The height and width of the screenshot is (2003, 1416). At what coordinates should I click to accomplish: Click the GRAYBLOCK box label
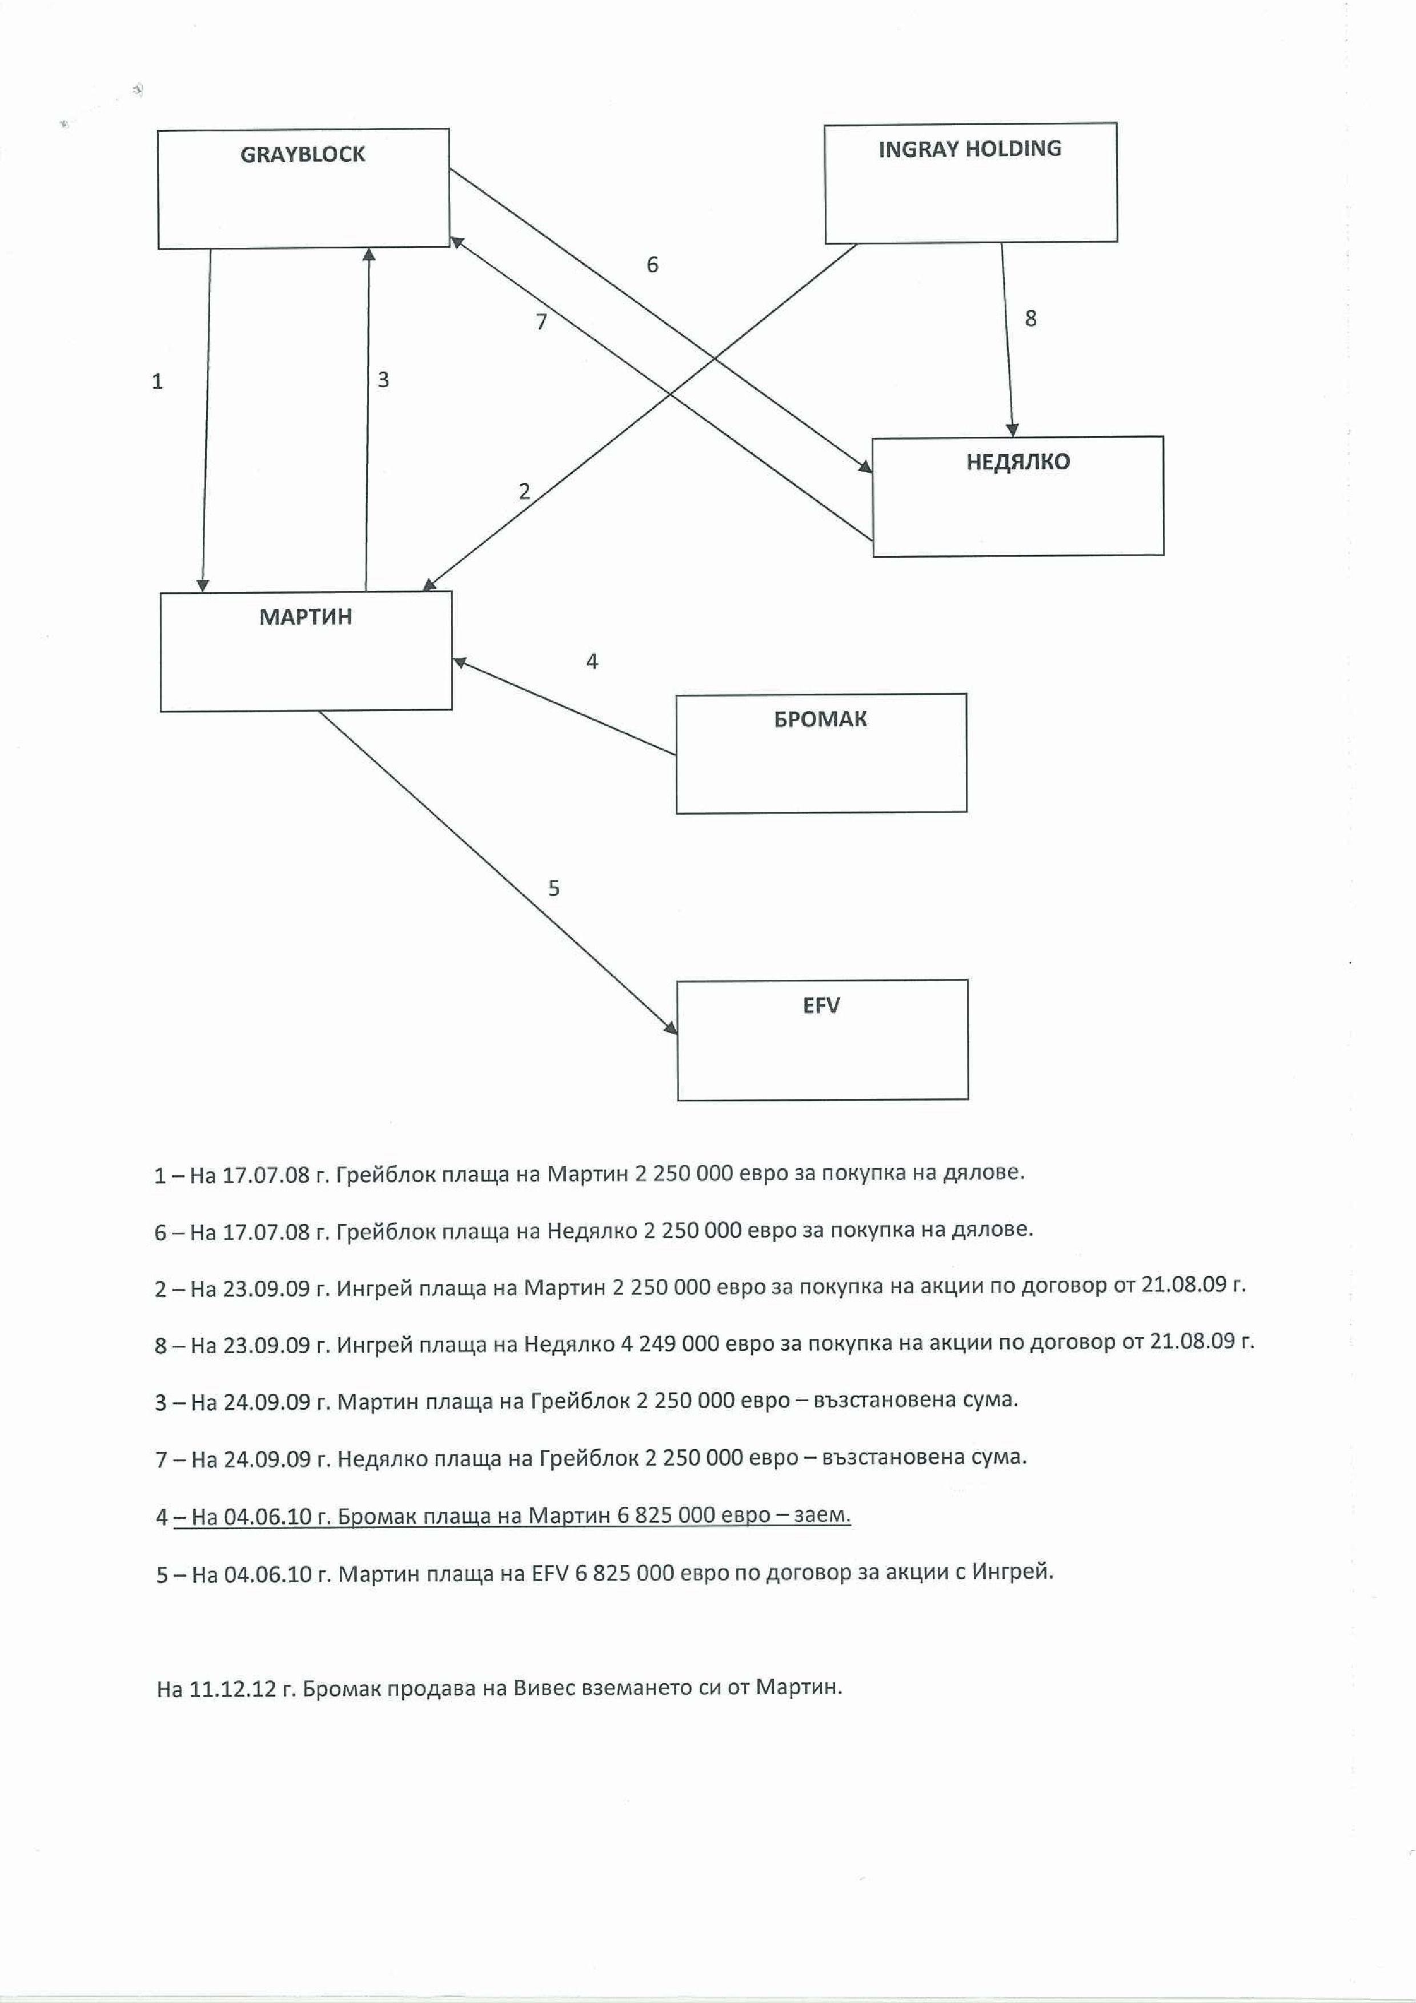pos(303,154)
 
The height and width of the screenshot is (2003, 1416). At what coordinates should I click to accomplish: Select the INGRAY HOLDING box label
pos(969,149)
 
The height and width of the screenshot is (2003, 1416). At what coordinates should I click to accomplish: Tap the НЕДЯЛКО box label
pos(1017,461)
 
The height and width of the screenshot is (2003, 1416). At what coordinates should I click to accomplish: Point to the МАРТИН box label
pos(306,617)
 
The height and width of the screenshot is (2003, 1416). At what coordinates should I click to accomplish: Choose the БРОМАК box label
pos(820,719)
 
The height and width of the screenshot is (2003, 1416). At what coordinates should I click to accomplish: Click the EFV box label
pos(821,1005)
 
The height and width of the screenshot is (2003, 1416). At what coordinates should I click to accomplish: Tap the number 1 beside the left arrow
pos(157,381)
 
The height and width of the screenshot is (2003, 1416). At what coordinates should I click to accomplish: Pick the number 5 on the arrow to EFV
pos(553,888)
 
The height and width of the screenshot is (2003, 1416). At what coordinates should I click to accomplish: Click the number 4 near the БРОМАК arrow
pos(592,661)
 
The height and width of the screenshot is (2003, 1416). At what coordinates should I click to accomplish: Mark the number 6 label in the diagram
pos(652,264)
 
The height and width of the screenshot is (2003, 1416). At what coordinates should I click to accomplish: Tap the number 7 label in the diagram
pos(541,322)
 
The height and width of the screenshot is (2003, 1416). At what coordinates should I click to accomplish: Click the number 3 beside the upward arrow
pos(383,380)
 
